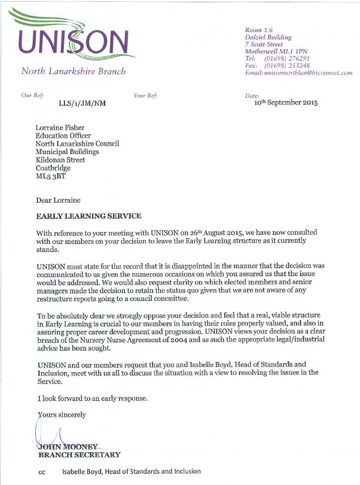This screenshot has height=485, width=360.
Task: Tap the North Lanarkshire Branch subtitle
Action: [x=73, y=72]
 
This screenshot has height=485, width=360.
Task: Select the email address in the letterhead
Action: [x=298, y=73]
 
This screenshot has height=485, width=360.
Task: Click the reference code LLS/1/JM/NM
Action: [x=82, y=103]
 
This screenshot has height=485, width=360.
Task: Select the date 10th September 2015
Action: [x=286, y=103]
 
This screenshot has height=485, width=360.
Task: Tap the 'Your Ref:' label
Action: [x=145, y=95]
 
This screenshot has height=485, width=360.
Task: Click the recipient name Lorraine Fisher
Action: [x=60, y=128]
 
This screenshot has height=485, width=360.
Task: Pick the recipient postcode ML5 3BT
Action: [x=51, y=176]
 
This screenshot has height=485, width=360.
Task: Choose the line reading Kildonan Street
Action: [x=60, y=160]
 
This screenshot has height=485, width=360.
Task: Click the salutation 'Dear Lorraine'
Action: [x=59, y=200]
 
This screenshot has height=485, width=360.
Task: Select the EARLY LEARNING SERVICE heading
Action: [x=89, y=216]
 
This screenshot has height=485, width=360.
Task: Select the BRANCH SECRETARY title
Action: [x=79, y=455]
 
